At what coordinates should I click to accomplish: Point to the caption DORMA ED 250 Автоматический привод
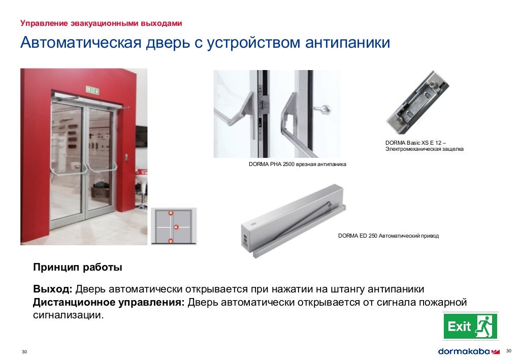tap(388, 236)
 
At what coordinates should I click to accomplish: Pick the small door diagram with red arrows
tap(173, 226)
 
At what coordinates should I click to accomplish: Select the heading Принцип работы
tap(78, 267)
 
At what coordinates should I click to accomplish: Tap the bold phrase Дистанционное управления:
tap(109, 303)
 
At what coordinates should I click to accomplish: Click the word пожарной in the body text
tap(442, 303)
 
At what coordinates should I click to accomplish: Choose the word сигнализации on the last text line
tap(67, 315)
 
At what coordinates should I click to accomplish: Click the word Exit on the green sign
tap(459, 326)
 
